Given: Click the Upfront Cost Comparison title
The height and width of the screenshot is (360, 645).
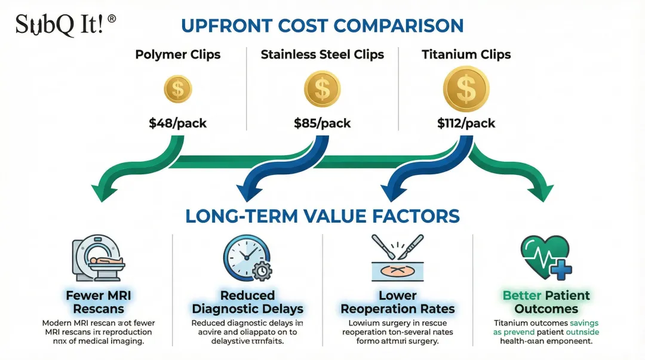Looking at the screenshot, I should (x=322, y=26).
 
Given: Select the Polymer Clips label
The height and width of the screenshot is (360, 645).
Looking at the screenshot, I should (x=178, y=54).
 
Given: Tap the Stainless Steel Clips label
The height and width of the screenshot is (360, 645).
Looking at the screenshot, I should (x=322, y=54).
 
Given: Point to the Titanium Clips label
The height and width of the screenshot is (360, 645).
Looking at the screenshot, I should (x=466, y=54).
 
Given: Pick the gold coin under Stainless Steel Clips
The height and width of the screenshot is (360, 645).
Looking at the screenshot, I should (x=322, y=89).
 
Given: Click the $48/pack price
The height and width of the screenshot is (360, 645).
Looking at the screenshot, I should (x=178, y=124).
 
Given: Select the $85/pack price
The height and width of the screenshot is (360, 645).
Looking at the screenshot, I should (x=322, y=124).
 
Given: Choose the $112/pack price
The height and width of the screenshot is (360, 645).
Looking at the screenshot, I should (x=466, y=124).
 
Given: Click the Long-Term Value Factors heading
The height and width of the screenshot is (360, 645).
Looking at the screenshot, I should (x=322, y=216).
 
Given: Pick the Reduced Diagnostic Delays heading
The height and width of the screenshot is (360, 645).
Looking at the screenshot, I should (x=247, y=301).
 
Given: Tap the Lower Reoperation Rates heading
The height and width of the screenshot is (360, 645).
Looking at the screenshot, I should (x=397, y=301).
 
